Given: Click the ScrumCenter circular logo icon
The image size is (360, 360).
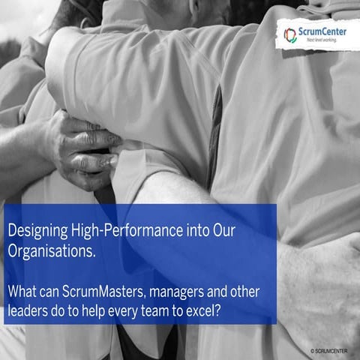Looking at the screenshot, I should point(290,34).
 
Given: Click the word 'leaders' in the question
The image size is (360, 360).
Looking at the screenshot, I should point(29,309).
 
